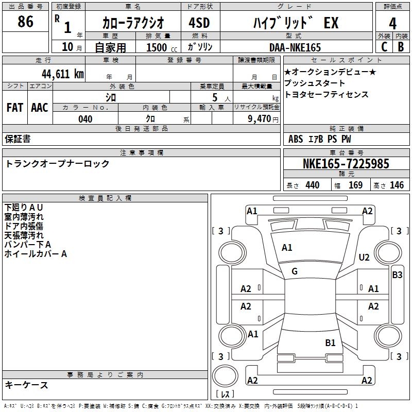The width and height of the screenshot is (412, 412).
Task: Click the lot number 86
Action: [x=25, y=22]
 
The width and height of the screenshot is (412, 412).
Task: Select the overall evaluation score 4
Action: [x=392, y=23]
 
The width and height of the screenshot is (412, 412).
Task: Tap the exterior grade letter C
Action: [x=384, y=46]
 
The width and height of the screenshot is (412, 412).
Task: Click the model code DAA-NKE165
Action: [x=295, y=47]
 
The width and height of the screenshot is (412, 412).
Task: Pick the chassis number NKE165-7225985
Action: [x=346, y=164]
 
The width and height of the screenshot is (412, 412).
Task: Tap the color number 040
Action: [x=85, y=119]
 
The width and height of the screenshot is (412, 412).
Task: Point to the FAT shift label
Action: [x=15, y=108]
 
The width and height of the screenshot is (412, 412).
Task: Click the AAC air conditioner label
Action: [x=40, y=108]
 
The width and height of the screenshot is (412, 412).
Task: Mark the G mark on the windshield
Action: [x=295, y=271]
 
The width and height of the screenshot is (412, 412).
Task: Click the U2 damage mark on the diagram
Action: [x=364, y=257]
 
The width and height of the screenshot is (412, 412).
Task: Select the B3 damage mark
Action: [x=397, y=275]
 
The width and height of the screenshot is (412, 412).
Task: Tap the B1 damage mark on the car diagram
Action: [x=330, y=342]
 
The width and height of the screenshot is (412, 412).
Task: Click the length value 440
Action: [x=312, y=185]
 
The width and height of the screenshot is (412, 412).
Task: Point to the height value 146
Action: [x=397, y=185]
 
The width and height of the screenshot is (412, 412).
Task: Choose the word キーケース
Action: [x=27, y=385]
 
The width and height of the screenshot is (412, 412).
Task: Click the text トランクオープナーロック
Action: [x=57, y=164]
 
